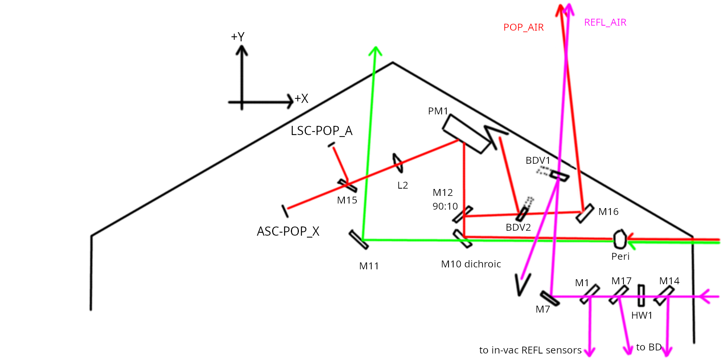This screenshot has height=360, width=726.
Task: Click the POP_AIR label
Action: pyautogui.click(x=523, y=28)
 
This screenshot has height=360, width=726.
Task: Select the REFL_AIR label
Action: pyautogui.click(x=605, y=23)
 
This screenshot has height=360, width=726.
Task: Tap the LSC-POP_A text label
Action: pyautogui.click(x=321, y=131)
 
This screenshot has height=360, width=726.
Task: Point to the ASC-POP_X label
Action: pyautogui.click(x=288, y=231)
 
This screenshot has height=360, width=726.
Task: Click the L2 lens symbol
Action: pyautogui.click(x=398, y=163)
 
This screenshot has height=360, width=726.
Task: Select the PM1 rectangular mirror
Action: pyautogui.click(x=467, y=134)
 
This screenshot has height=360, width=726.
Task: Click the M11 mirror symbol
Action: pyautogui.click(x=359, y=240)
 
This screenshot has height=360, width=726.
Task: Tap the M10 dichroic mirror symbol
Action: pyautogui.click(x=462, y=239)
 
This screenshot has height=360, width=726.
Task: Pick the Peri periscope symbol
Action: pyautogui.click(x=620, y=239)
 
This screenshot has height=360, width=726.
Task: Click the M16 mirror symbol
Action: pyautogui.click(x=585, y=213)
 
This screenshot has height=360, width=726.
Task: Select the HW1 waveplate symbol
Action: pyautogui.click(x=641, y=295)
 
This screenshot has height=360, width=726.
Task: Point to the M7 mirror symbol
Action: pyautogui.click(x=550, y=298)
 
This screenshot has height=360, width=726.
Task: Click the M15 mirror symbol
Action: pyautogui.click(x=347, y=186)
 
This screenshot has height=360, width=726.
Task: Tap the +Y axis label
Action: pyautogui.click(x=237, y=37)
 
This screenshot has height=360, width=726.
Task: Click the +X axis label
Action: pyautogui.click(x=301, y=99)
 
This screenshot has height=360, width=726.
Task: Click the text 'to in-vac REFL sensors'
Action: pyautogui.click(x=530, y=350)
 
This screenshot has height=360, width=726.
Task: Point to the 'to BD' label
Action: pyautogui.click(x=649, y=347)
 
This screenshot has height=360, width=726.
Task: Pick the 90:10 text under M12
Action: pyautogui.click(x=445, y=206)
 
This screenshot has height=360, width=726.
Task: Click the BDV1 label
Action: pyautogui.click(x=538, y=160)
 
